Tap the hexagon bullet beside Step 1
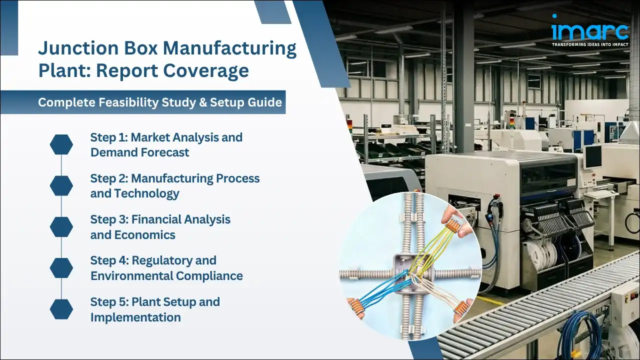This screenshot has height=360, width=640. [x=61, y=144]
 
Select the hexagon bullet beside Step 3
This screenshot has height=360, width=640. [x=61, y=226]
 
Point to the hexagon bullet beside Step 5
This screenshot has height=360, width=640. [x=61, y=309]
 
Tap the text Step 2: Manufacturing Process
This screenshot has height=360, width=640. [x=175, y=178]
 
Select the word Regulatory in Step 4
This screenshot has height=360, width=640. [x=173, y=260]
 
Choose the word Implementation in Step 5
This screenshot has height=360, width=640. [x=135, y=317]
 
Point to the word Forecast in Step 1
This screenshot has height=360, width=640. [x=164, y=152]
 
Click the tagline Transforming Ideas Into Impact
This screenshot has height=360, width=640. [x=589, y=44]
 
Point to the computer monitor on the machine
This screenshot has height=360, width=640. [x=593, y=156]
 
